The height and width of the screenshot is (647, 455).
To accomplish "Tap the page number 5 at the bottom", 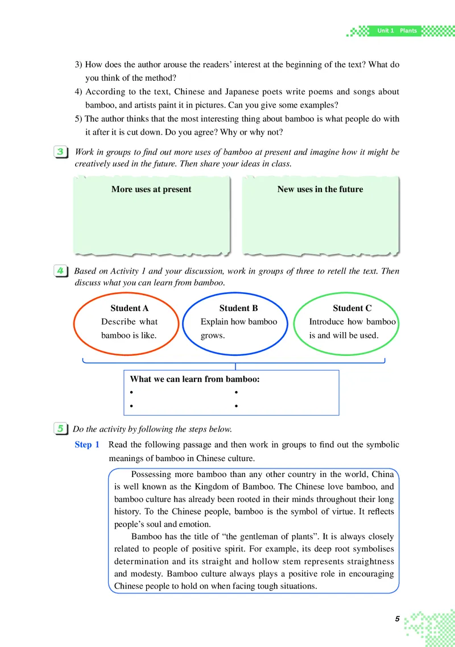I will click(x=398, y=619).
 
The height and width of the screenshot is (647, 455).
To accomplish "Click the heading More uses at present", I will click(x=151, y=189).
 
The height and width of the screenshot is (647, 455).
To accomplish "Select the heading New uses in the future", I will click(x=320, y=189).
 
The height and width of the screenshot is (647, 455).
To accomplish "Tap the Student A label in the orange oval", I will click(x=129, y=308).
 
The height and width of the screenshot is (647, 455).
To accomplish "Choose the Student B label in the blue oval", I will click(x=238, y=308).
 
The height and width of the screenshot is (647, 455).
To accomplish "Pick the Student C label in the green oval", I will click(x=352, y=308).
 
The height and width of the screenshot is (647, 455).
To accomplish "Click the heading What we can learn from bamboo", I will click(x=195, y=379).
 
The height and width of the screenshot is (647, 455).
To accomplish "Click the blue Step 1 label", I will click(x=87, y=445).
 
